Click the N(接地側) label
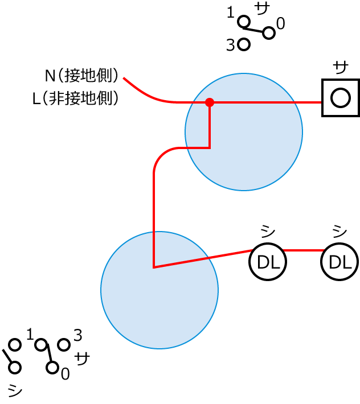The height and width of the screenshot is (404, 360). (82, 75)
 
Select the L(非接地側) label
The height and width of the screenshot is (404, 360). (76, 98)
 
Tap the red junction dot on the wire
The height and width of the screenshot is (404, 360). (210, 102)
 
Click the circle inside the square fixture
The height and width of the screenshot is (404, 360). (340, 98)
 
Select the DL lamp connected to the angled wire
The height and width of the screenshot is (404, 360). (268, 262)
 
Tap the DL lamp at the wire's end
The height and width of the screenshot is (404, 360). (339, 262)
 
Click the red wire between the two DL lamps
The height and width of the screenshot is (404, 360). (304, 250)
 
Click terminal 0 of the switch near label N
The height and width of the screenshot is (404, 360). (269, 33)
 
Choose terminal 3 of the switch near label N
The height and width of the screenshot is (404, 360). (244, 44)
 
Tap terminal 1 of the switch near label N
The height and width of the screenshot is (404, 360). (244, 22)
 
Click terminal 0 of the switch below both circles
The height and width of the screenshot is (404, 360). (52, 368)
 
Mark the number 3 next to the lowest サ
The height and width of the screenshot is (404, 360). (78, 335)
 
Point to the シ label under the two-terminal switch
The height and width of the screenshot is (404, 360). (15, 390)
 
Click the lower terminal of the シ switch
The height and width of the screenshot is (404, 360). (15, 368)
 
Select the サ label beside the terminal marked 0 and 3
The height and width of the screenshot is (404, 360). (82, 359)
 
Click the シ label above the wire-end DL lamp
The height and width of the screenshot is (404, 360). (339, 231)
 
